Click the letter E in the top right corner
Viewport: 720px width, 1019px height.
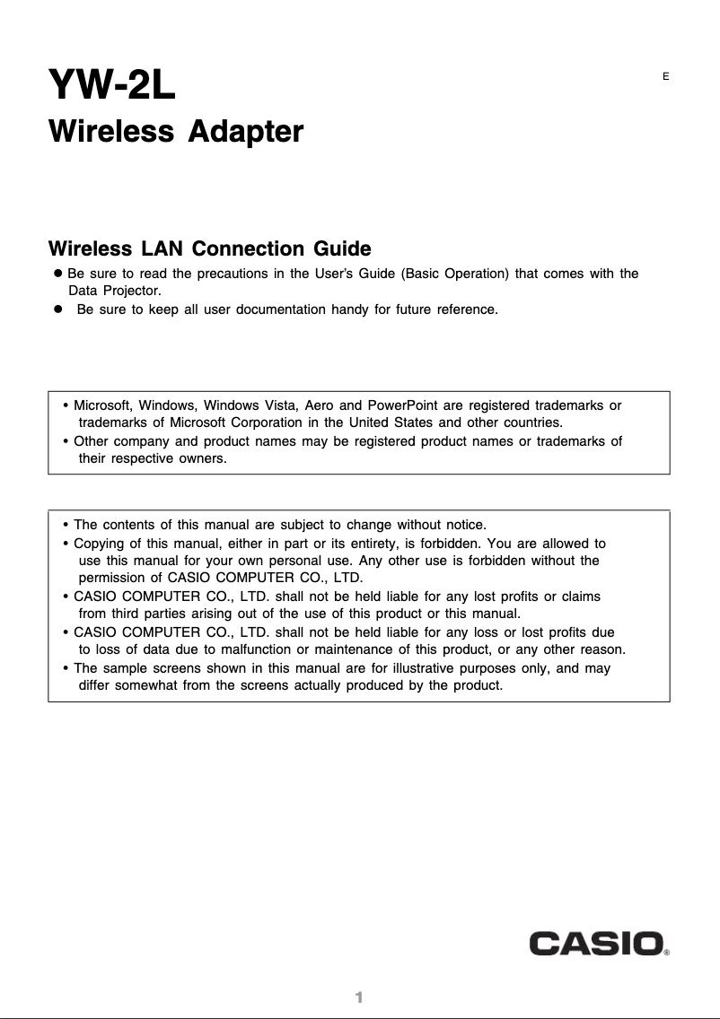pyautogui.click(x=665, y=76)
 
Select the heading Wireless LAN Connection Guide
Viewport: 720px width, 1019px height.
pyautogui.click(x=209, y=248)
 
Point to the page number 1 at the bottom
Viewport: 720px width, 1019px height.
pyautogui.click(x=358, y=998)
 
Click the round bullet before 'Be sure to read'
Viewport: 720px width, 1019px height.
pyautogui.click(x=57, y=273)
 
